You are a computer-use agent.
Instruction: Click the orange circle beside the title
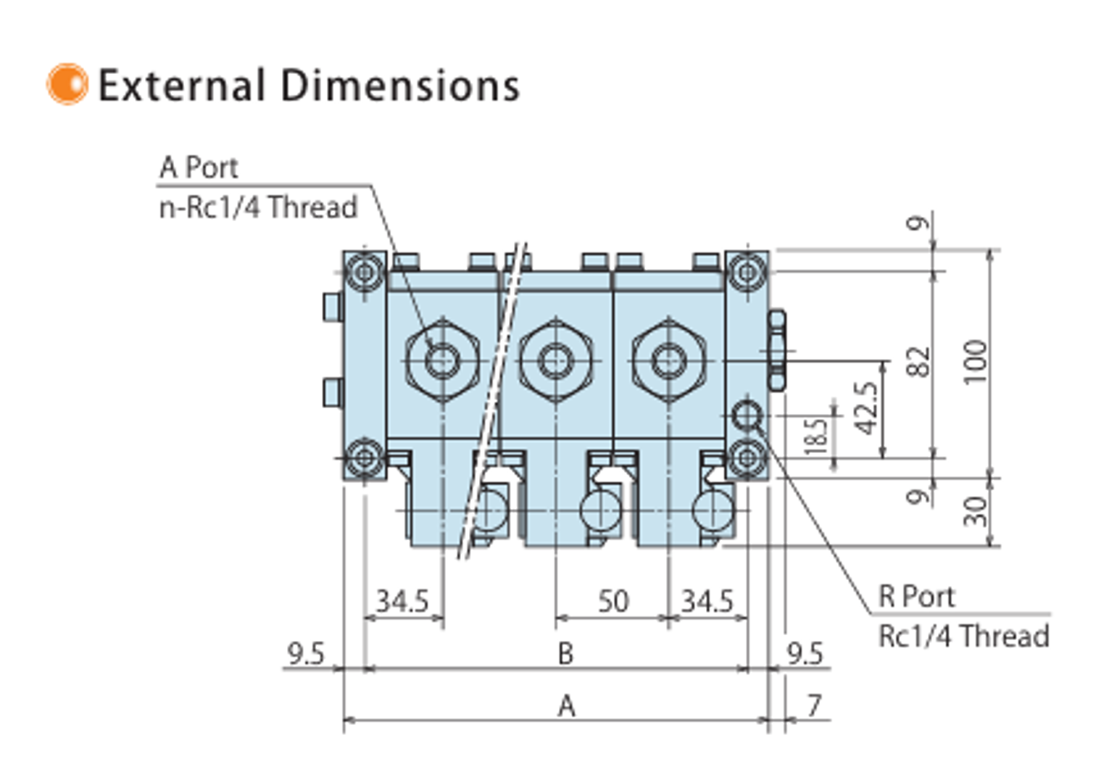click(x=67, y=84)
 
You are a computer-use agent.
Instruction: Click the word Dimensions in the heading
click(x=399, y=86)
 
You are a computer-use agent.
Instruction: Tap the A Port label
click(x=199, y=167)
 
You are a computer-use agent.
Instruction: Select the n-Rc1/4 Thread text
click(x=258, y=207)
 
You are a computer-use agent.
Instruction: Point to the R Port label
click(x=916, y=597)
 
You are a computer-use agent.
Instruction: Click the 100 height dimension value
click(x=976, y=361)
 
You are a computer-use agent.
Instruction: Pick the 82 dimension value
click(x=918, y=361)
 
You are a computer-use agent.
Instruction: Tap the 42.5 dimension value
click(x=867, y=408)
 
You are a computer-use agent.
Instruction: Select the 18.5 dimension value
click(x=816, y=436)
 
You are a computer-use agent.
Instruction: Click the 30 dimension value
click(x=976, y=511)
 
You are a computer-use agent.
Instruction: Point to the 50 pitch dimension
click(x=613, y=601)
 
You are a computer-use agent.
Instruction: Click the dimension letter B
click(x=565, y=653)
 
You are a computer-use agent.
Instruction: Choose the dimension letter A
click(x=566, y=705)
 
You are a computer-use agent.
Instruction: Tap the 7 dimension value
click(x=814, y=705)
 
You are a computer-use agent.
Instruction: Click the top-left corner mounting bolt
click(x=365, y=273)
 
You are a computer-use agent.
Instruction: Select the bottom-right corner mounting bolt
click(x=747, y=457)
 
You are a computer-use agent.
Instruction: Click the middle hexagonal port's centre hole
click(x=555, y=360)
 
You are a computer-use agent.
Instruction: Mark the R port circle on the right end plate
click(x=747, y=415)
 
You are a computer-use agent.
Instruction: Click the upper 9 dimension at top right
click(x=918, y=223)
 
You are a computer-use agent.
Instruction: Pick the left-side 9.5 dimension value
click(x=306, y=653)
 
